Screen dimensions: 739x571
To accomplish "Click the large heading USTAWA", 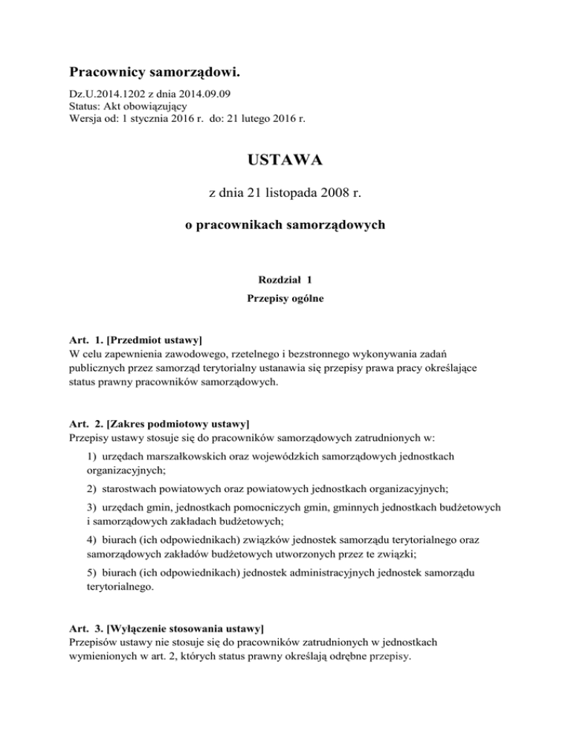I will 285,160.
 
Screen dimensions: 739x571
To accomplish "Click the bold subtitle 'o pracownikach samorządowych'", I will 285,226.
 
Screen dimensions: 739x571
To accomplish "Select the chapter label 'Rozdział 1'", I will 285,280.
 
